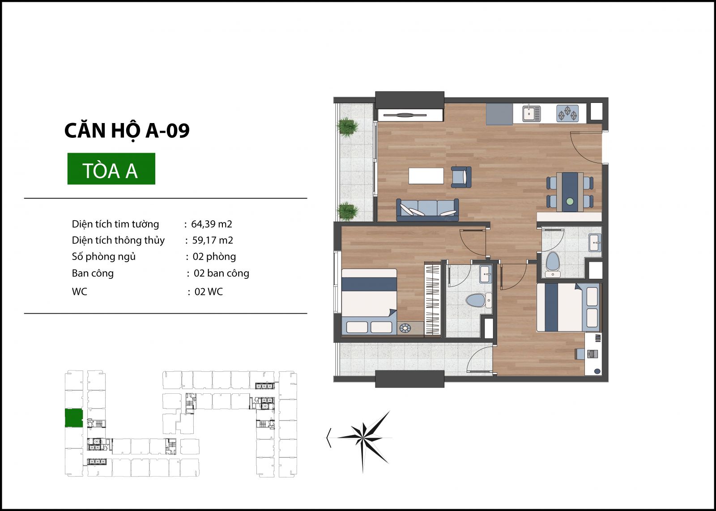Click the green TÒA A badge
pyautogui.click(x=111, y=169)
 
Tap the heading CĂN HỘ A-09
pyautogui.click(x=127, y=130)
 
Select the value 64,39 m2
pyautogui.click(x=212, y=224)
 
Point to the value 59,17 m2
pyautogui.click(x=213, y=240)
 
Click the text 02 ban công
pyautogui.click(x=222, y=273)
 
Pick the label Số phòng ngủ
pyautogui.click(x=103, y=256)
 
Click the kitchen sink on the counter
pyautogui.click(x=531, y=114)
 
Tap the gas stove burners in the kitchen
pyautogui.click(x=567, y=114)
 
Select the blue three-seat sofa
pyautogui.click(x=428, y=210)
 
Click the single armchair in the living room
pyautogui.click(x=461, y=177)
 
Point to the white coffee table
pyautogui.click(x=426, y=176)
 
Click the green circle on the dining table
pyautogui.click(x=570, y=201)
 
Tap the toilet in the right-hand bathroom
pyautogui.click(x=553, y=265)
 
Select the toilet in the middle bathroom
pyautogui.click(x=478, y=300)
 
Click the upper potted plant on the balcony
pyautogui.click(x=347, y=127)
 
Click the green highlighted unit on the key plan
pyautogui.click(x=74, y=418)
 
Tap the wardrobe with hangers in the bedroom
pyautogui.click(x=432, y=299)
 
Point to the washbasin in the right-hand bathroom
pyautogui.click(x=595, y=243)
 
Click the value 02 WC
pyautogui.click(x=209, y=291)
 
